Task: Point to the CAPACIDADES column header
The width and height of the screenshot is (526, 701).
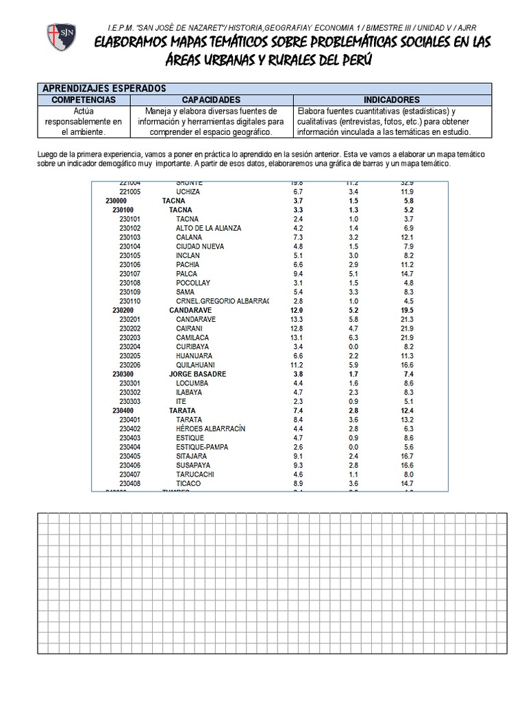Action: (x=210, y=99)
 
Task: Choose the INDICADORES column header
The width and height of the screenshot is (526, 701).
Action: (x=392, y=99)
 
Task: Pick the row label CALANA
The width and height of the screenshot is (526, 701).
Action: (x=188, y=237)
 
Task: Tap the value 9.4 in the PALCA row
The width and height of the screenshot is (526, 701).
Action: (x=297, y=274)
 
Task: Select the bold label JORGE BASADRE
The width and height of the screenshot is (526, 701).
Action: (x=197, y=374)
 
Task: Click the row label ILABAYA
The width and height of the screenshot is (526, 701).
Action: (x=189, y=392)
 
